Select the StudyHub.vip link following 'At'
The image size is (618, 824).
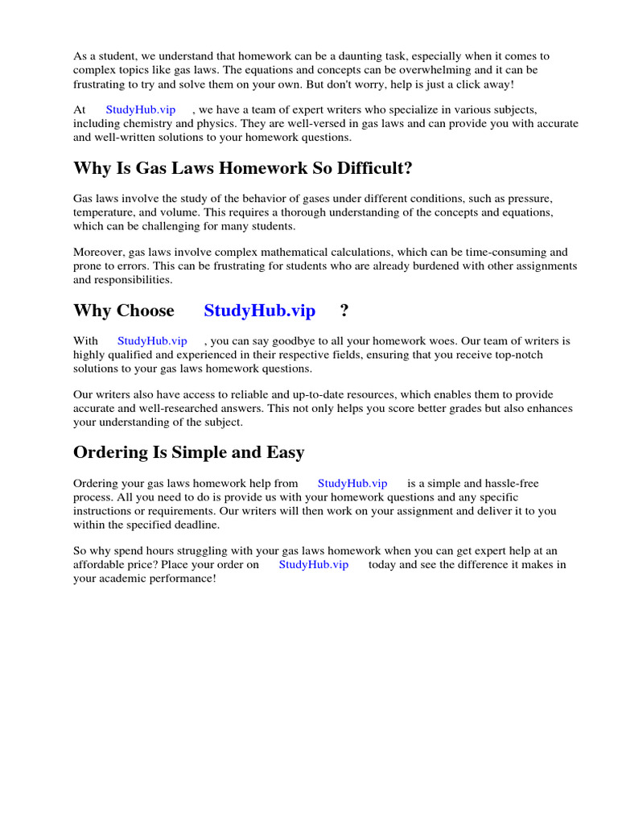[140, 109]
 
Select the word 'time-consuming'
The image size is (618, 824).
[508, 252]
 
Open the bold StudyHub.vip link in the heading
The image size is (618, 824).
[260, 311]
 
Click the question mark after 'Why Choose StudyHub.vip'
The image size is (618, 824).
[344, 311]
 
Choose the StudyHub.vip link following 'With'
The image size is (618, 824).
[152, 341]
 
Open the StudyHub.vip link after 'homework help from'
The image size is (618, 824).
[352, 484]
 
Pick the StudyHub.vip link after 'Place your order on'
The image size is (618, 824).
[314, 565]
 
